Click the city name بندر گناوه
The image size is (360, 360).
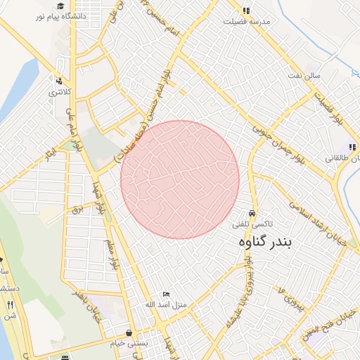[269, 242]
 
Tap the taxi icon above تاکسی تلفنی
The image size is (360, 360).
[252, 213]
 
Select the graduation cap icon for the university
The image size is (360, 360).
[61, 6]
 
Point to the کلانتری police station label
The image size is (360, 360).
[58, 91]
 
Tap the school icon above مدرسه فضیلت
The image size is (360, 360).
[246, 11]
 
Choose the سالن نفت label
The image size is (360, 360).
[307, 75]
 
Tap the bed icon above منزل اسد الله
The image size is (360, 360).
[166, 293]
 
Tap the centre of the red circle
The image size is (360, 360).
[180, 179]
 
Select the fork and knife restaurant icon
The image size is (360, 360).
[10, 304]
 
